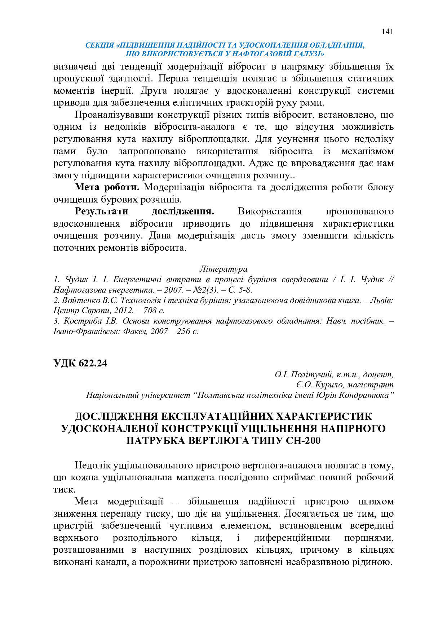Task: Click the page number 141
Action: click(387, 32)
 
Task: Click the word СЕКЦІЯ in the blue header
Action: click(99, 45)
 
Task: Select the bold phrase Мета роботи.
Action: click(107, 187)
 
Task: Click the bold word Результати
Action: click(101, 212)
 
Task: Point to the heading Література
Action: click(223, 269)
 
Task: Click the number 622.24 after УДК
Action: click(92, 363)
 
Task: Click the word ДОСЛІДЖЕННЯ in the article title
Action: click(116, 417)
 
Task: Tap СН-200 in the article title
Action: click(302, 441)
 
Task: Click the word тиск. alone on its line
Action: click(64, 490)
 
